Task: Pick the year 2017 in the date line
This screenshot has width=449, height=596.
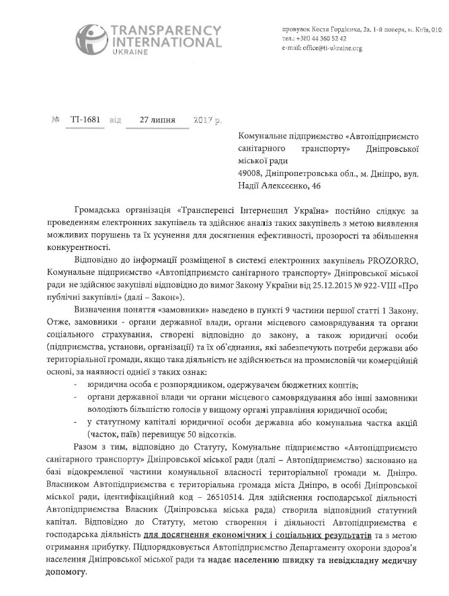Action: pyautogui.click(x=198, y=121)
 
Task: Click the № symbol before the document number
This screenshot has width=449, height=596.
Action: pyautogui.click(x=56, y=120)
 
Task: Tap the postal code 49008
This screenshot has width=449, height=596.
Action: pyautogui.click(x=252, y=173)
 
